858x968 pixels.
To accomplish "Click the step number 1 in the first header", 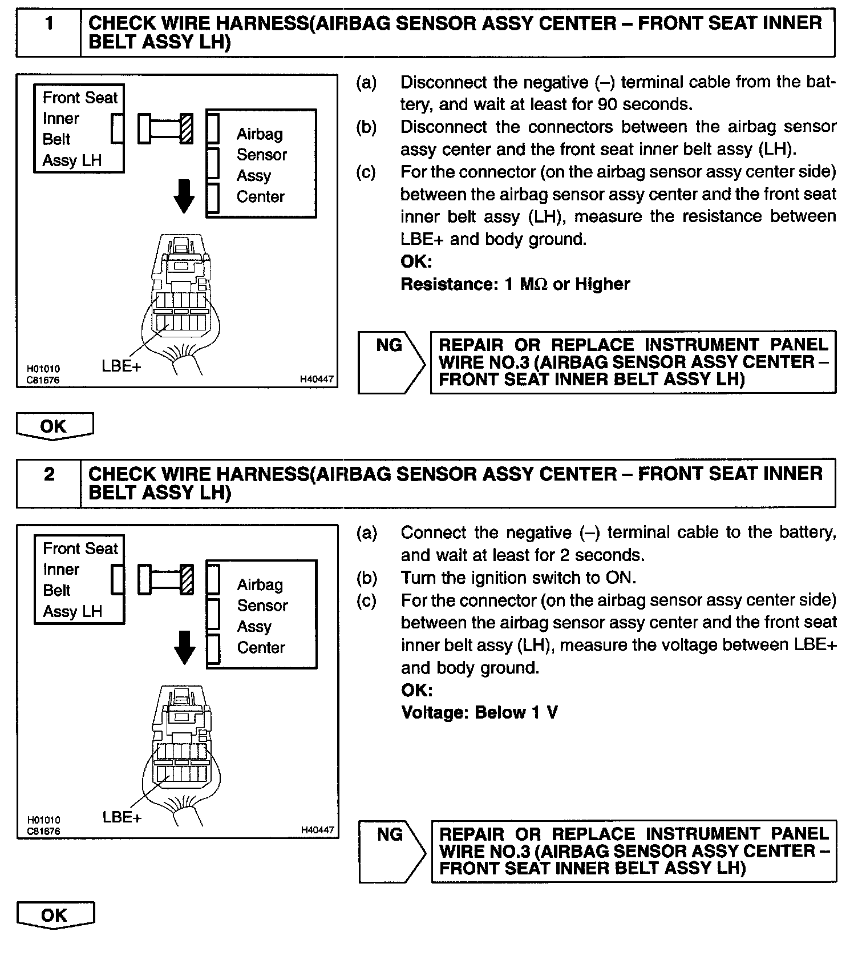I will [49, 24].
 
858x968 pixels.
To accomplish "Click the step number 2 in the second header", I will [49, 474].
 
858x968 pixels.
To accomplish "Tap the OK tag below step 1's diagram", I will [54, 427].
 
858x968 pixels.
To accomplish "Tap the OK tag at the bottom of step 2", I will [55, 915].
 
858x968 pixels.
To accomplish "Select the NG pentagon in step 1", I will [390, 362].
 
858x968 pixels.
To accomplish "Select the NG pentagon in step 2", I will [391, 851].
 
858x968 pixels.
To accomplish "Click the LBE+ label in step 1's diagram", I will [121, 366].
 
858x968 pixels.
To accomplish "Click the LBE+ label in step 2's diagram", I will [122, 817].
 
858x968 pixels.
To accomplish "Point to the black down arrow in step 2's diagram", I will [184, 647].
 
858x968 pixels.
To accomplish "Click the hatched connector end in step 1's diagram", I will [187, 128].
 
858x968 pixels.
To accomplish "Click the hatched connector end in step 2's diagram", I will [187, 579].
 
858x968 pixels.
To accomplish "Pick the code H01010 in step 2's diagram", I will [43, 820].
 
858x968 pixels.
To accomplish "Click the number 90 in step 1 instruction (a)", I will [607, 104].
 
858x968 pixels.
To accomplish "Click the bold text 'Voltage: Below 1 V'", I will [479, 712].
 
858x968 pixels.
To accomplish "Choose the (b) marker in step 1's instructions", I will [366, 127].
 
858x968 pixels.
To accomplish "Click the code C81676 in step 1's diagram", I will [43, 380].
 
